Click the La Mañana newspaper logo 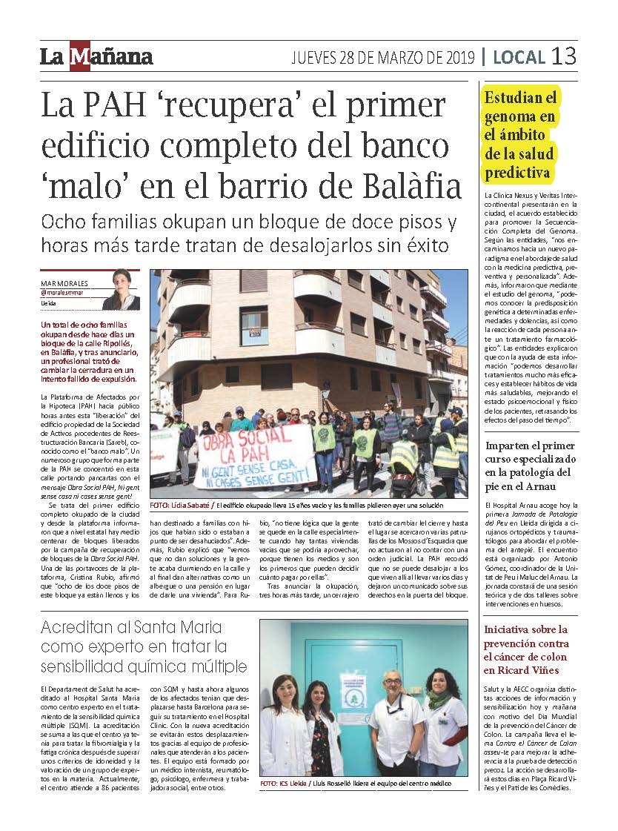tap(96, 57)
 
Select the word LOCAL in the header tap(519, 57)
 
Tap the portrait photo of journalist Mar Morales tap(122, 289)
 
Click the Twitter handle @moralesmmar tap(67, 294)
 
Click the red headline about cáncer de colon tap(527, 649)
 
